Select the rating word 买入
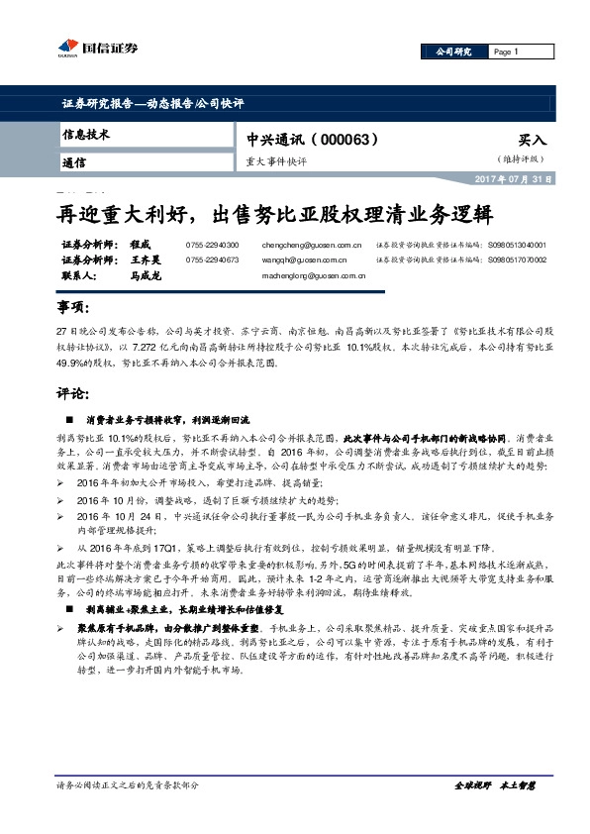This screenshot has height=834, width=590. (533, 141)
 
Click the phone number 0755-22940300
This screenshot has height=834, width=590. (212, 244)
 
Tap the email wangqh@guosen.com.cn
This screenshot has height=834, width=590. (303, 260)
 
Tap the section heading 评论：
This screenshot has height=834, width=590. (75, 393)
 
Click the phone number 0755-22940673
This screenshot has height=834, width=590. (212, 260)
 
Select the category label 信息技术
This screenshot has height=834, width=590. (85, 134)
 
